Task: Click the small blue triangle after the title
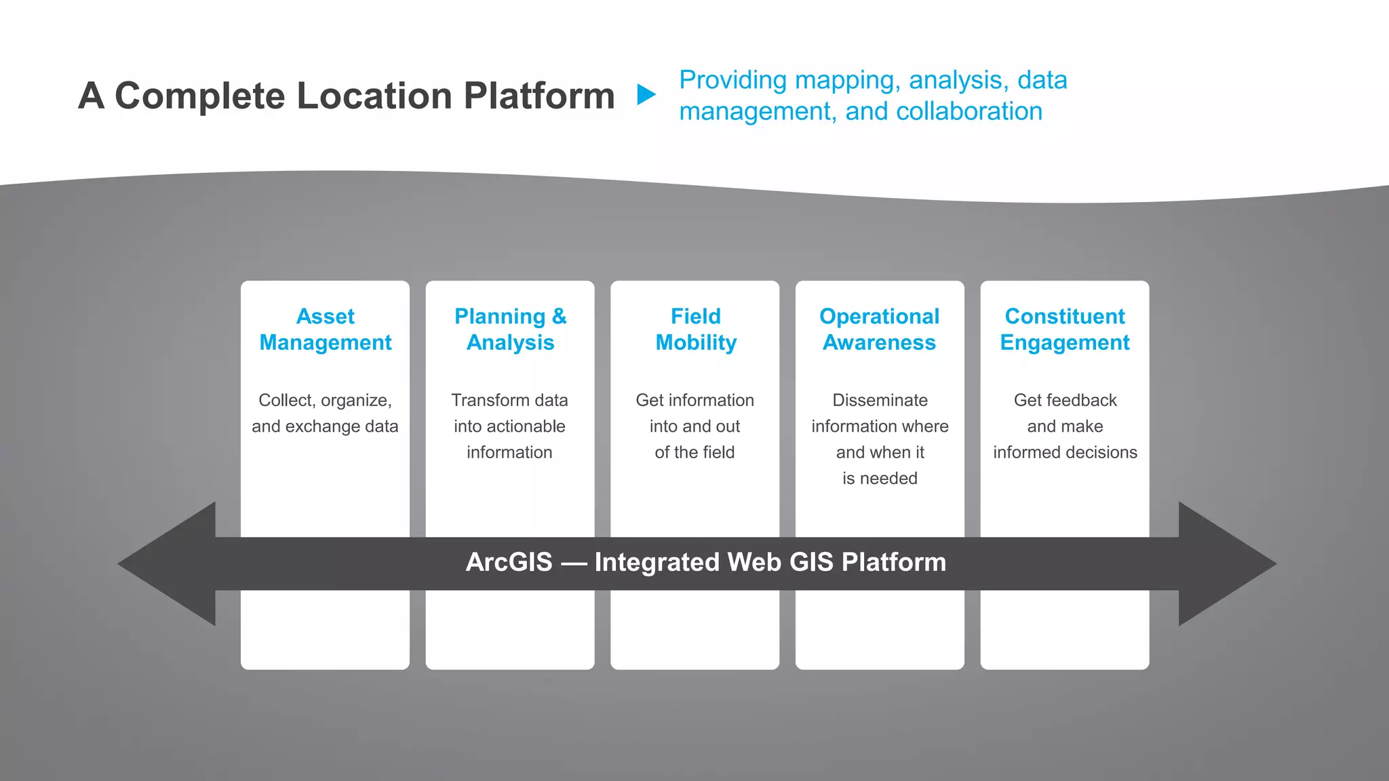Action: [x=646, y=95]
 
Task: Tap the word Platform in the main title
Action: [x=539, y=96]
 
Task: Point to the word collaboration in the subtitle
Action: [x=969, y=111]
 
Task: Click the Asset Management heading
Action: [x=326, y=329]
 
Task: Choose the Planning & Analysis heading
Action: [x=510, y=329]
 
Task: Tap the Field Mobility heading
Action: [x=695, y=329]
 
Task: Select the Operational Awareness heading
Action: [x=880, y=329]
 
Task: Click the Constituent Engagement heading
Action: [x=1065, y=329]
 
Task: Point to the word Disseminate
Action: [x=880, y=400]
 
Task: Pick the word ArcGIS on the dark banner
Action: [x=509, y=562]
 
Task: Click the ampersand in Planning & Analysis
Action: [x=559, y=317]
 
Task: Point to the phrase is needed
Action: [x=880, y=479]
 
